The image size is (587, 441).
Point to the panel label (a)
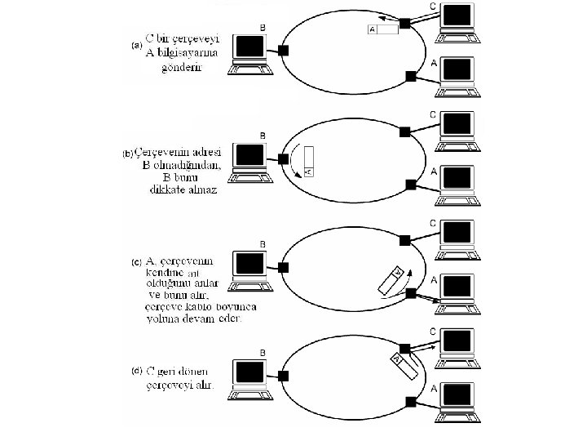(137, 45)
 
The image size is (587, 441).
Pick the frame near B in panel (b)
(308, 161)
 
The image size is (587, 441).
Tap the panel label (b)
(126, 153)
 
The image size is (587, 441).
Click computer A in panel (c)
(457, 290)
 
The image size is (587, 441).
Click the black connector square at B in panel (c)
(283, 267)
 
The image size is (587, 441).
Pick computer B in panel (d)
(249, 376)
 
